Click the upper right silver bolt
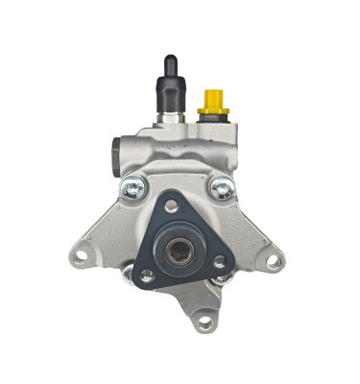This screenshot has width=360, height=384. tap(222, 189)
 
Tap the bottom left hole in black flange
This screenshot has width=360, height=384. tap(147, 276)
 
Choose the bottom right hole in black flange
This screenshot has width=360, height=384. tap(220, 260)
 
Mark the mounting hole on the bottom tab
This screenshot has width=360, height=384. tap(204, 323)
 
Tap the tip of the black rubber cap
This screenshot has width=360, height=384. tap(169, 60)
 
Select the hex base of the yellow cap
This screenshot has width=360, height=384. tap(212, 112)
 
